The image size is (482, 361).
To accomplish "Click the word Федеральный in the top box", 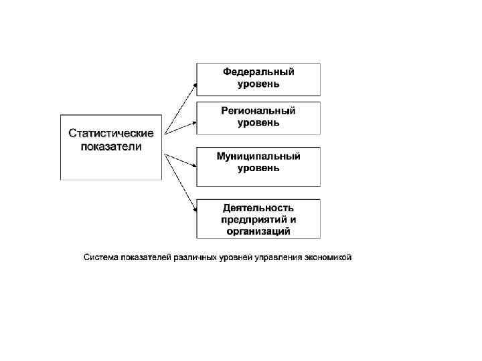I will pyautogui.click(x=258, y=72).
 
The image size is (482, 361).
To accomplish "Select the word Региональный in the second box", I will pyautogui.click(x=258, y=111).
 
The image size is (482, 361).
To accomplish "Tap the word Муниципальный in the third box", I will pyautogui.click(x=258, y=156).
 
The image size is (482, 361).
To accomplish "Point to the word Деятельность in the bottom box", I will pyautogui.click(x=258, y=207).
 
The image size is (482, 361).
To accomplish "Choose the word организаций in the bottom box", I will pyautogui.click(x=258, y=231).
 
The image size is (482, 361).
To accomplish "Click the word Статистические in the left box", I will pyautogui.click(x=111, y=134).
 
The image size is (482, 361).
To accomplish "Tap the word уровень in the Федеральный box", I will pyautogui.click(x=258, y=84).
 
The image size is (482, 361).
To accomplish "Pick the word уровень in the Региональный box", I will pyautogui.click(x=258, y=123).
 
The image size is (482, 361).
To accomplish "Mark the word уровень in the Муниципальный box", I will pyautogui.click(x=258, y=168).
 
